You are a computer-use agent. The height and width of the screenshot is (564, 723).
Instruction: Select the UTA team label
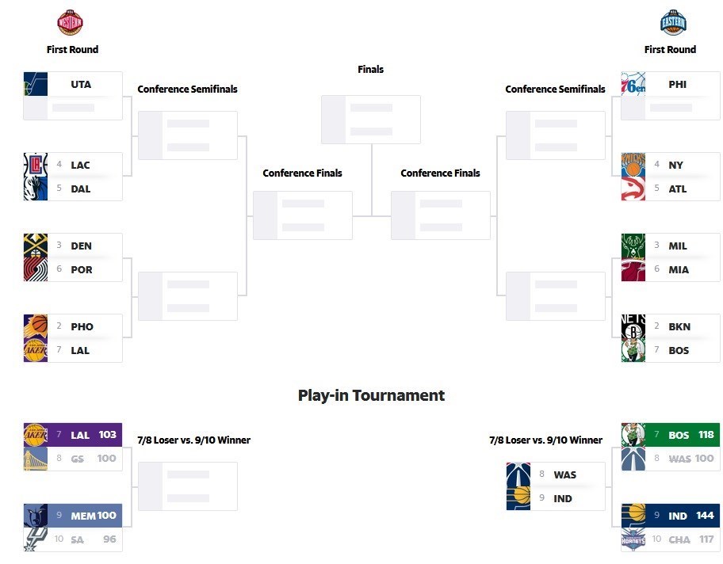click(x=81, y=84)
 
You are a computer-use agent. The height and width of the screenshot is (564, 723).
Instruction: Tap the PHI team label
click(x=678, y=84)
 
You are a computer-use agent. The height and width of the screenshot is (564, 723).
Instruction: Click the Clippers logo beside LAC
click(x=36, y=165)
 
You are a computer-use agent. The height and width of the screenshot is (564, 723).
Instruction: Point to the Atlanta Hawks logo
click(x=633, y=189)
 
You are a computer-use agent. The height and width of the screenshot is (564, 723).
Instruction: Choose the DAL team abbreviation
click(x=81, y=189)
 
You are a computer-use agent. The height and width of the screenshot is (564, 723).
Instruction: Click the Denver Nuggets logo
click(x=36, y=246)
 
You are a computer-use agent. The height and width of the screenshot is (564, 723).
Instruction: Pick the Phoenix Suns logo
click(x=36, y=326)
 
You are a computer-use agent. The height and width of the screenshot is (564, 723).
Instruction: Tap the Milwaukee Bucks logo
click(x=633, y=246)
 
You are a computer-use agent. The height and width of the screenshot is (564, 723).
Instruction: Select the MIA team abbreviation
click(x=679, y=269)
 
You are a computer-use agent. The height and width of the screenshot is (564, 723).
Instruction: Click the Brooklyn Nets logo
click(x=633, y=326)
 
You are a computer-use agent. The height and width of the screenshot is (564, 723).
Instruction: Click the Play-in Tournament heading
click(x=371, y=395)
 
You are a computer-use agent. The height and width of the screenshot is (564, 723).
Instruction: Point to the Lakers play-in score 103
click(x=108, y=435)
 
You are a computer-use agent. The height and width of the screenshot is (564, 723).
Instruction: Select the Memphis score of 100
click(x=107, y=516)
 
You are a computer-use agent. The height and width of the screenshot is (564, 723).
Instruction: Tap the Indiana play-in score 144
click(x=705, y=516)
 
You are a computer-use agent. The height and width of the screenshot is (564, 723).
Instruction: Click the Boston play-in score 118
click(x=706, y=435)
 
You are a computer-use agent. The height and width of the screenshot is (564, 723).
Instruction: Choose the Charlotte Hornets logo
click(x=633, y=539)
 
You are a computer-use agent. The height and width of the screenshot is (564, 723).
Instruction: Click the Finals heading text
click(x=370, y=69)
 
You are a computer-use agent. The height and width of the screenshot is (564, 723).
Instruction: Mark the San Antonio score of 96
click(x=109, y=539)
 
